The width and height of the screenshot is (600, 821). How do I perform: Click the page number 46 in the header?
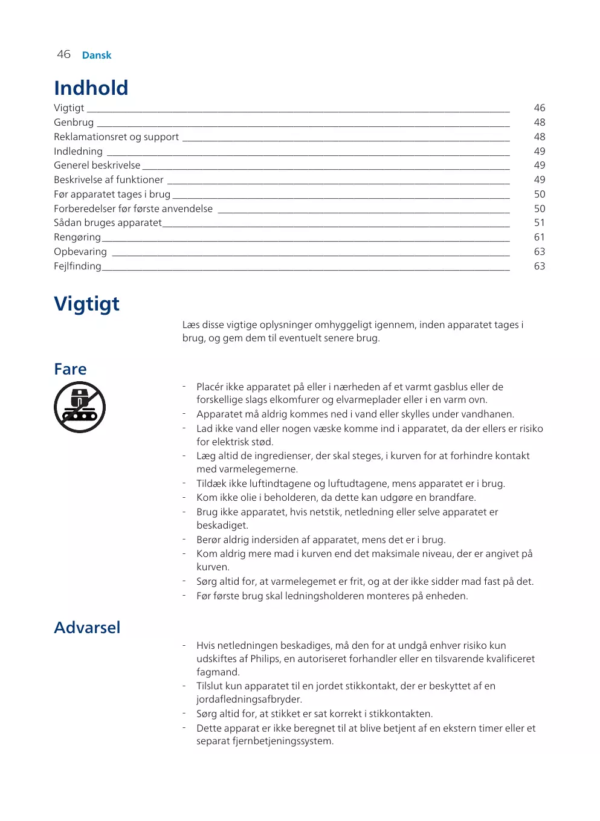[x=63, y=54]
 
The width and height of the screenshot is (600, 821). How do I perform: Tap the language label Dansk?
[x=97, y=55]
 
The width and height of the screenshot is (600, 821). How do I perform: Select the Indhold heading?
[x=91, y=88]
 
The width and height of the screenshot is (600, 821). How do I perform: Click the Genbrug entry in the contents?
[x=74, y=122]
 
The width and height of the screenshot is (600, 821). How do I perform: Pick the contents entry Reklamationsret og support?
[x=116, y=137]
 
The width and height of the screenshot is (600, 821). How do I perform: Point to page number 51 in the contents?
[x=539, y=222]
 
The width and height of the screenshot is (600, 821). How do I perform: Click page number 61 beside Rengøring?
[x=539, y=237]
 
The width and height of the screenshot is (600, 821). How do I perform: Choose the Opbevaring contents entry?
[x=80, y=251]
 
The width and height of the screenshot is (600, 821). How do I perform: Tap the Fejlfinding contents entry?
[x=77, y=266]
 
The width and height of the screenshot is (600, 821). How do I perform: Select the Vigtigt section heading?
[x=86, y=303]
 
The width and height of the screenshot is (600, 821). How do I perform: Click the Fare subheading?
[x=70, y=369]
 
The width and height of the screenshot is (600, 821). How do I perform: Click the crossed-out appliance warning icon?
[x=80, y=407]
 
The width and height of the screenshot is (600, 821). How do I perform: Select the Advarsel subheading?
[x=87, y=628]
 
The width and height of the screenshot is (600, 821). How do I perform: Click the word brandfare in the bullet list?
[x=451, y=497]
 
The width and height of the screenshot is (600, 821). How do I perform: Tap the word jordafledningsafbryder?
[x=248, y=699]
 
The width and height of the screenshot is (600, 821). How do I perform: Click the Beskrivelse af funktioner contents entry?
[x=108, y=179]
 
